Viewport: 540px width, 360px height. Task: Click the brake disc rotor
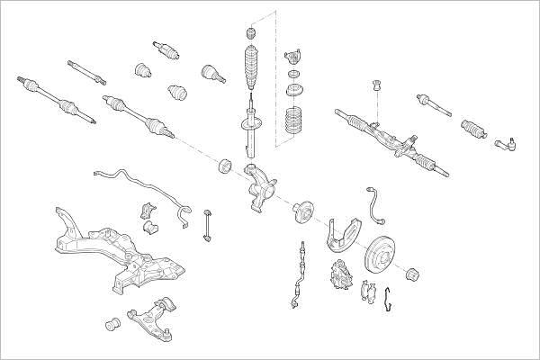pyautogui.click(x=382, y=257)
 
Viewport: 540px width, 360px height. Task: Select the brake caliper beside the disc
pyautogui.click(x=344, y=271)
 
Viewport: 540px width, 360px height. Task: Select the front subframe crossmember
pyautogui.click(x=117, y=252)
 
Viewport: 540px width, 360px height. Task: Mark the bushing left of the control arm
pyautogui.click(x=114, y=321)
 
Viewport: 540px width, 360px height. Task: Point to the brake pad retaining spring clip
pyautogui.click(x=386, y=301)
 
